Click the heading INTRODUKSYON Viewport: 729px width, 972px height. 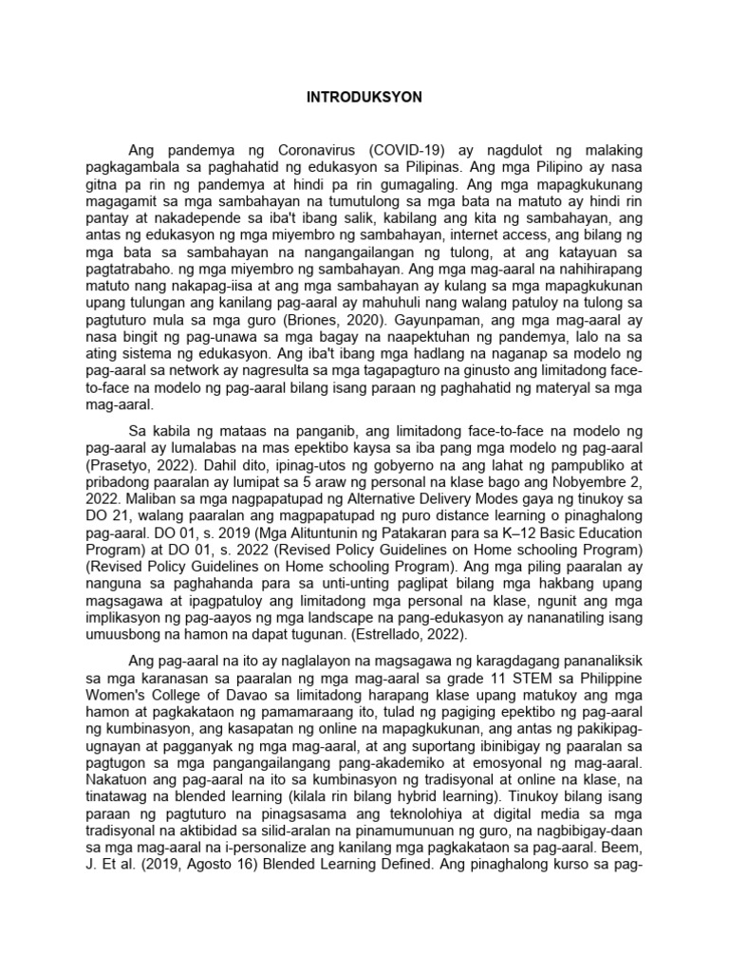pos(364,97)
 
